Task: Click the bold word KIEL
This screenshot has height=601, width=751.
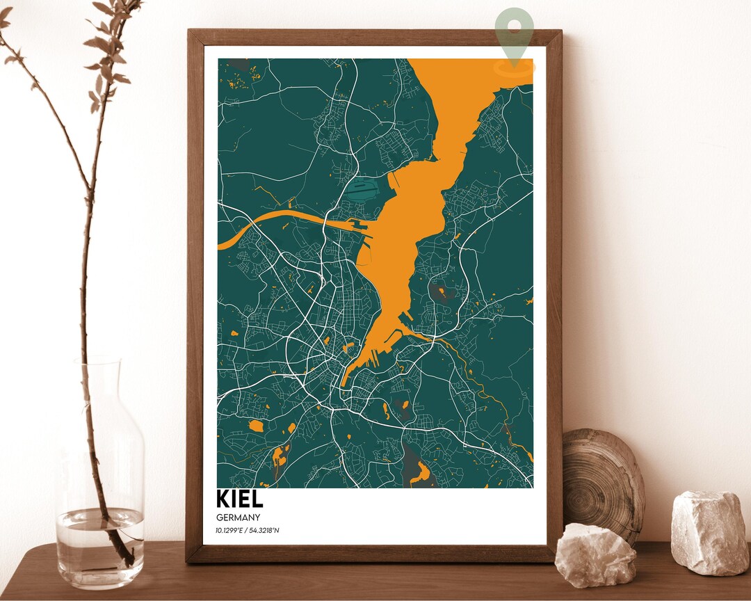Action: pyautogui.click(x=239, y=499)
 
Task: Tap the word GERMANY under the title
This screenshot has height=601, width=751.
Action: pyautogui.click(x=238, y=518)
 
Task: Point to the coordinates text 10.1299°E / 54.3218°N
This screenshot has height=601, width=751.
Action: pyautogui.click(x=248, y=531)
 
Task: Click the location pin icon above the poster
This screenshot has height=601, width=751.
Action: pyautogui.click(x=515, y=31)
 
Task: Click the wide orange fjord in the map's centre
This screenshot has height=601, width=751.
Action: pyautogui.click(x=403, y=230)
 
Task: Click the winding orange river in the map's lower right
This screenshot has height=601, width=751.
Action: pyautogui.click(x=487, y=390)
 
